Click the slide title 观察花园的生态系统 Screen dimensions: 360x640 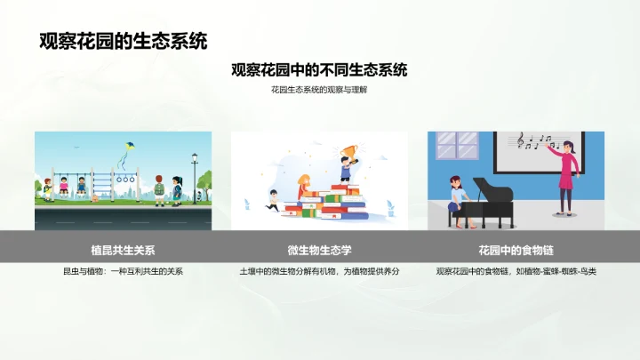124,41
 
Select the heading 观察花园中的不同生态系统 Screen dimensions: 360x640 319,70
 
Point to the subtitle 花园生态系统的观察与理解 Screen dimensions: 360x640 319,91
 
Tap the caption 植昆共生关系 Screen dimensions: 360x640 124,250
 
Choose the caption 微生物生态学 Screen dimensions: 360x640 319,250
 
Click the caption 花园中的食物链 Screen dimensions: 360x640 516,250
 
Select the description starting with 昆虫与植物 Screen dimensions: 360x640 124,271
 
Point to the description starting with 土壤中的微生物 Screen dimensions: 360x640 319,271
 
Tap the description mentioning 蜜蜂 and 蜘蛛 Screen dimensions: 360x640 516,271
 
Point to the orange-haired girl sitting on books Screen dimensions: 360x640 303,186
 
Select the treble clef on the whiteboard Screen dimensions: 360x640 521,140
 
